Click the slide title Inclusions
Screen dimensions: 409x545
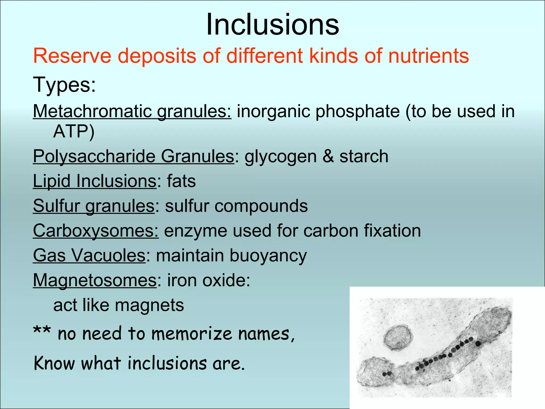tap(272, 24)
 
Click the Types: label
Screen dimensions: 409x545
tap(64, 84)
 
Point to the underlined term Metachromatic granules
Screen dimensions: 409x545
tap(132, 111)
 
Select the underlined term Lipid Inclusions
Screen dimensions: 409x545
tap(94, 181)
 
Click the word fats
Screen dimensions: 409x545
tap(181, 181)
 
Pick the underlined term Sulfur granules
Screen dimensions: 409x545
tap(94, 206)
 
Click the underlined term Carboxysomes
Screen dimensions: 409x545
tap(96, 231)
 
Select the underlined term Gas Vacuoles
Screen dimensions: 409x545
tap(89, 255)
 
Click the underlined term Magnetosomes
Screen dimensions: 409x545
tap(95, 280)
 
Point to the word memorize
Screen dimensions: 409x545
tap(192, 334)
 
